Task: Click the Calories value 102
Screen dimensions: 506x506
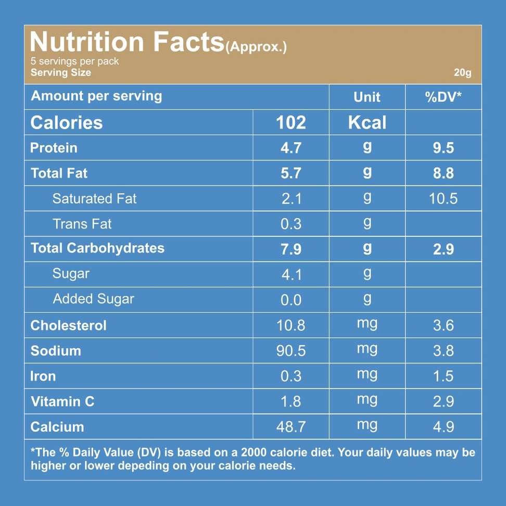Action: pos(291,123)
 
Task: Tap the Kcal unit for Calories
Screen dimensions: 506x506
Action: pos(367,123)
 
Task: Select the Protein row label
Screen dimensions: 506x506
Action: pos(54,148)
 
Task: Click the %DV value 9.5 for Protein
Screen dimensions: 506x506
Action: pos(444,148)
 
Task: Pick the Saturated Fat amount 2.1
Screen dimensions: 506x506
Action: pos(291,199)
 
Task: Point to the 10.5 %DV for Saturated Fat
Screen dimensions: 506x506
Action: pos(444,199)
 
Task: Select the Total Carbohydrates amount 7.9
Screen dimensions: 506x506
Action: pos(291,249)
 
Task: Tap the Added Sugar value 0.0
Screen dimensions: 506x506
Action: pos(291,300)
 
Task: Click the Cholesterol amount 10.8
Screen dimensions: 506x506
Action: pos(291,325)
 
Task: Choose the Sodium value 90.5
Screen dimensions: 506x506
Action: pos(291,351)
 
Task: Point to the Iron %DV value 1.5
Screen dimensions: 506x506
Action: pos(444,376)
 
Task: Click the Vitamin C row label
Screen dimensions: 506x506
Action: pos(62,401)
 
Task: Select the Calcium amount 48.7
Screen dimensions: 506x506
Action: pos(291,427)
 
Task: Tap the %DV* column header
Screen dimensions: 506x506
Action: pos(444,97)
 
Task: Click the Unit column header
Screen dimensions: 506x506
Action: pos(367,97)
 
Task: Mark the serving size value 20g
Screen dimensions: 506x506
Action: pos(462,73)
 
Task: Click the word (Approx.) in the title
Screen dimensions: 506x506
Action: pos(256,47)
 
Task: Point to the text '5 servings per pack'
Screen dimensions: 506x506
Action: pos(74,61)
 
